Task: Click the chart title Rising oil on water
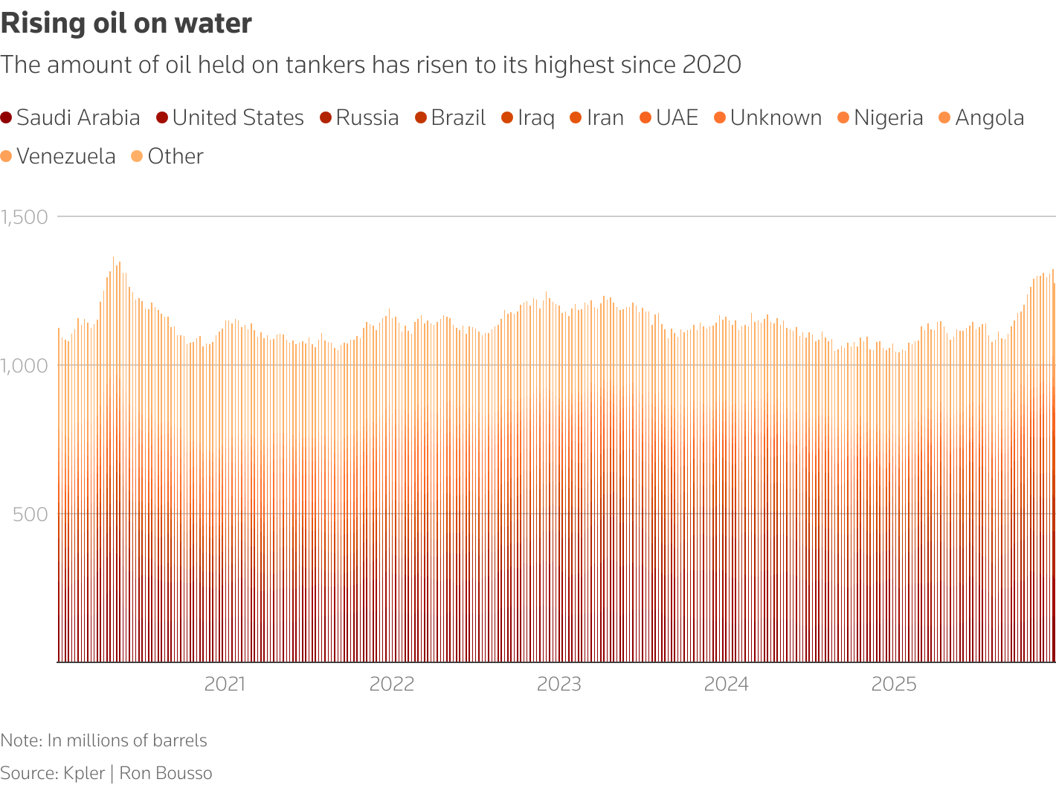(x=126, y=24)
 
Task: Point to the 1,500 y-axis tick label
(x=25, y=217)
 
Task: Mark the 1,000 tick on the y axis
(x=25, y=366)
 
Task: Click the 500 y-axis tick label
(x=30, y=514)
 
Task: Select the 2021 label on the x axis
(x=225, y=684)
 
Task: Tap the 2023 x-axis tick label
(x=559, y=684)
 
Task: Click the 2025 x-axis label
(x=894, y=684)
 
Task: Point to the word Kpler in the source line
(x=84, y=773)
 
